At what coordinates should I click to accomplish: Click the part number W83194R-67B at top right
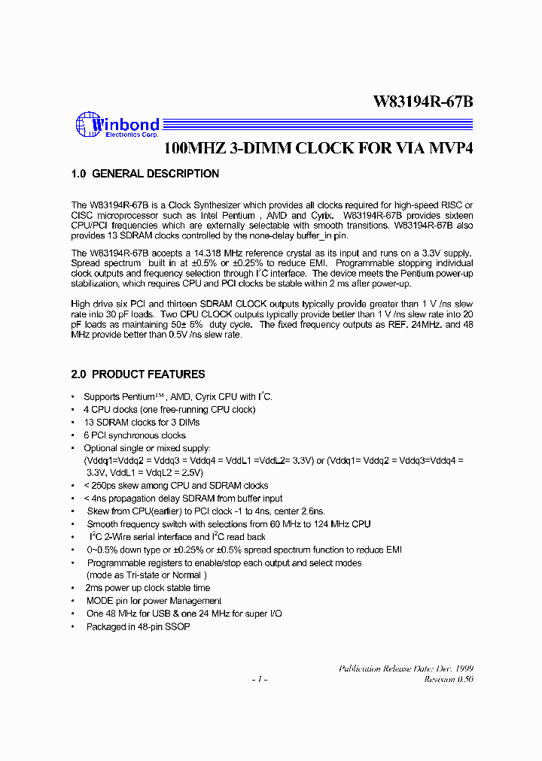(423, 103)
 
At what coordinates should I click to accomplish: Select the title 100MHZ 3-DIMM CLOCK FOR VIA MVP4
(318, 148)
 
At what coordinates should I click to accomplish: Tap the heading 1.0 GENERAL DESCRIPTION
(145, 174)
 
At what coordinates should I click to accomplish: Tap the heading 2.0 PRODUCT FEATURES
(138, 374)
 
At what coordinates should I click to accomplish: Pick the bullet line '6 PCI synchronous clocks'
(135, 435)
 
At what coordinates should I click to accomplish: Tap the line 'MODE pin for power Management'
(154, 601)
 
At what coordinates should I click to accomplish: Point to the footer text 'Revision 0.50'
(448, 680)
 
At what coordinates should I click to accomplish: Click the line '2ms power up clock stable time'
(148, 588)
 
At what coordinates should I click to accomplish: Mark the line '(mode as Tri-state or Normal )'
(145, 575)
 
